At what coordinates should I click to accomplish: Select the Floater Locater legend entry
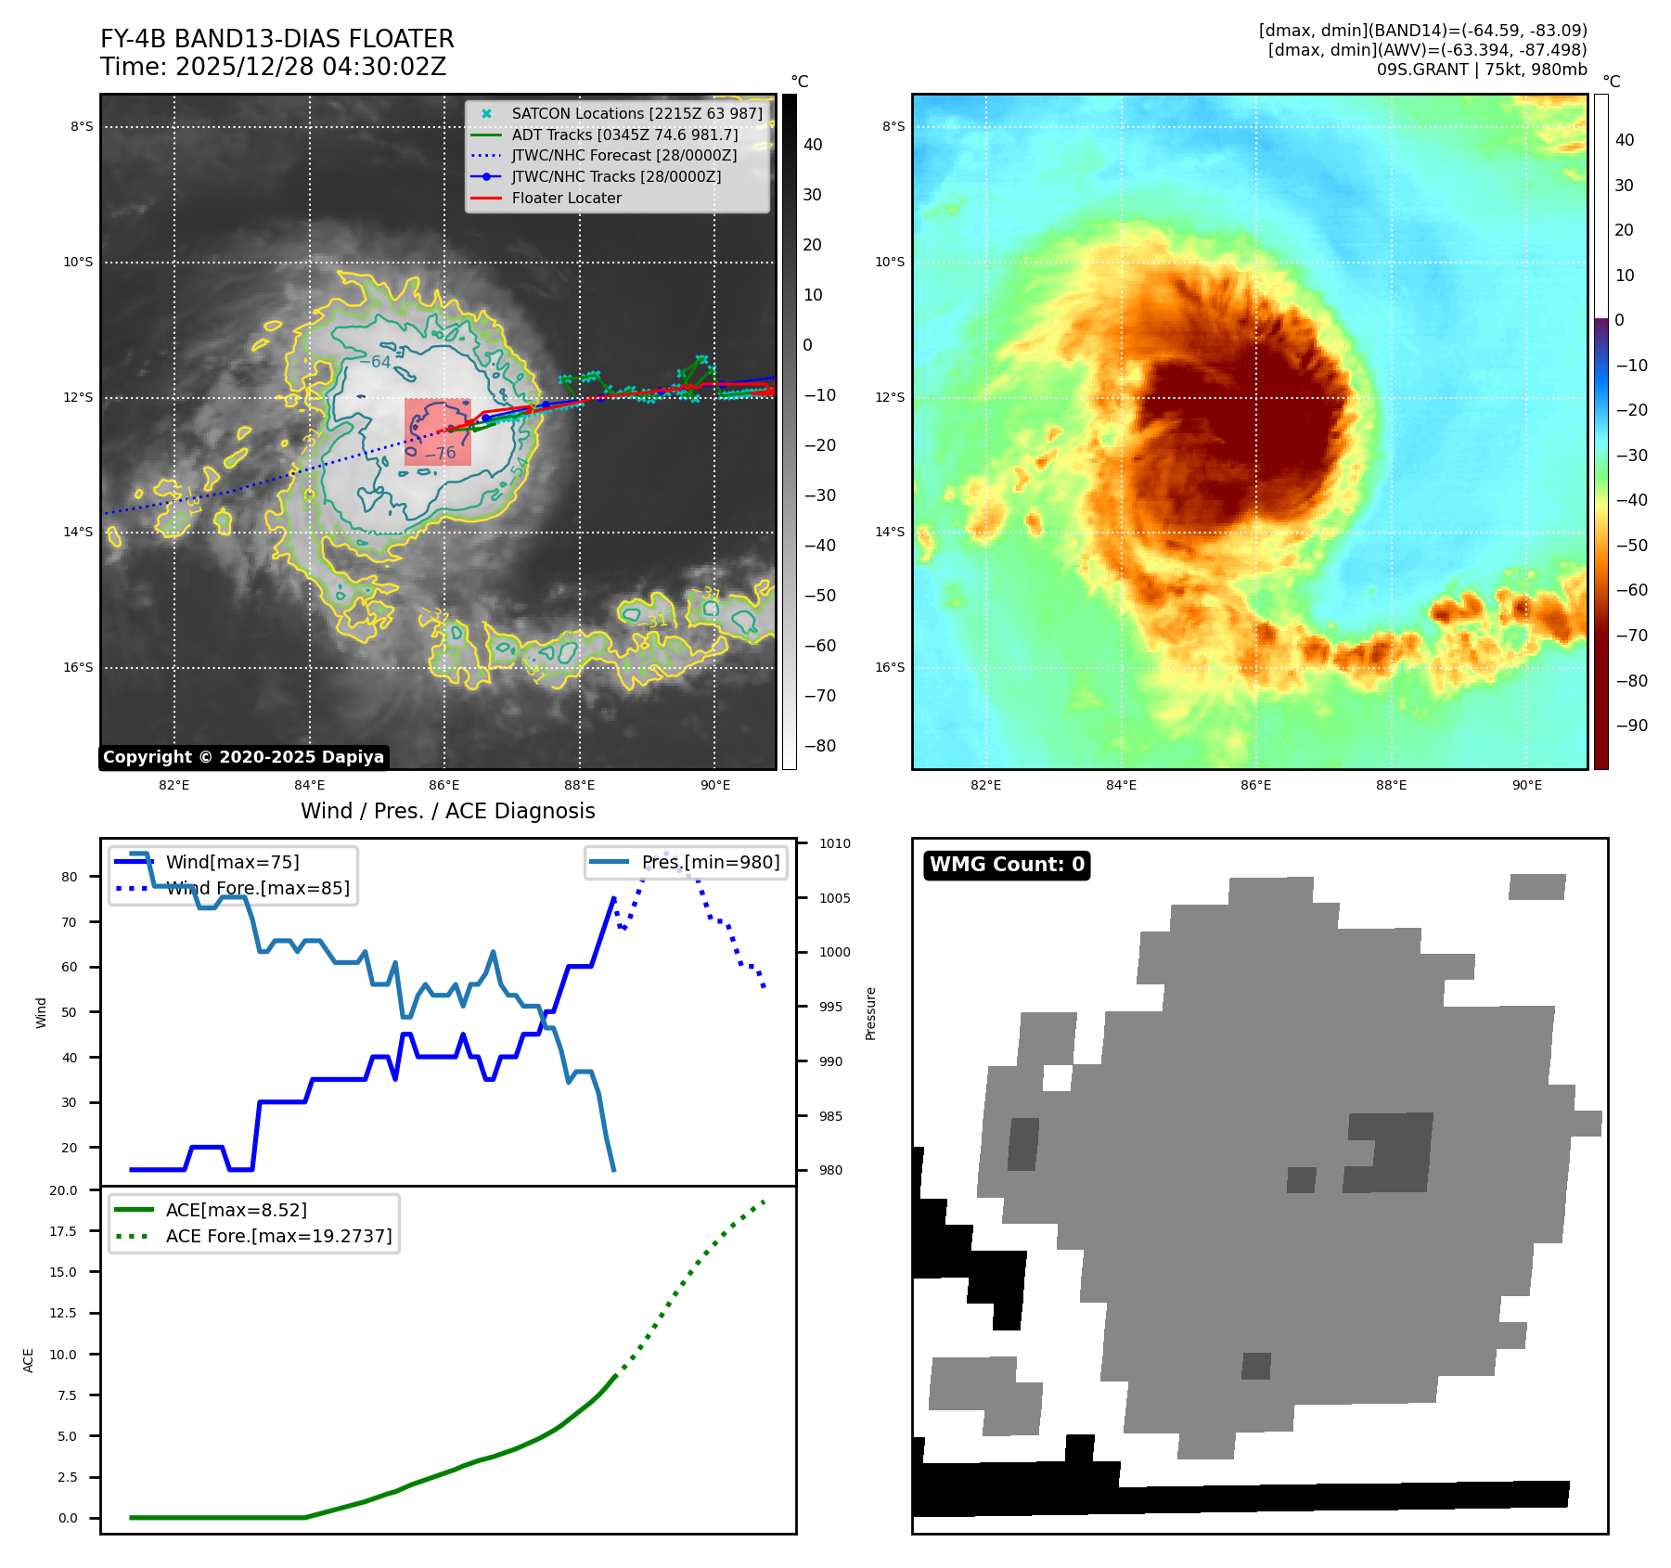click(x=566, y=199)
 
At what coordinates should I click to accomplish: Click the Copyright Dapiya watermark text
click(x=243, y=757)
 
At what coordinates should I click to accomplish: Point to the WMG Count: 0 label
click(x=1007, y=865)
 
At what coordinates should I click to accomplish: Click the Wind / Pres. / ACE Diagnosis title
click(x=447, y=811)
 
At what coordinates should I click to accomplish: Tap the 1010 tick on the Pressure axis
click(x=834, y=843)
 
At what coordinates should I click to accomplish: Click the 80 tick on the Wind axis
click(x=70, y=877)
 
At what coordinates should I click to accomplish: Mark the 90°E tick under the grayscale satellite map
click(x=714, y=786)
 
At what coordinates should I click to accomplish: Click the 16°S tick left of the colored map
click(x=890, y=668)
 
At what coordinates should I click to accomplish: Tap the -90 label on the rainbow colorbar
click(x=1631, y=726)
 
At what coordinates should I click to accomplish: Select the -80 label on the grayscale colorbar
click(x=819, y=746)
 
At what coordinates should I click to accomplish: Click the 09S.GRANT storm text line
click(x=1481, y=70)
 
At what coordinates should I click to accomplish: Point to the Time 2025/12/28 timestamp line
click(x=273, y=68)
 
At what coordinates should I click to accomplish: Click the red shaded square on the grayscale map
click(x=438, y=432)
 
